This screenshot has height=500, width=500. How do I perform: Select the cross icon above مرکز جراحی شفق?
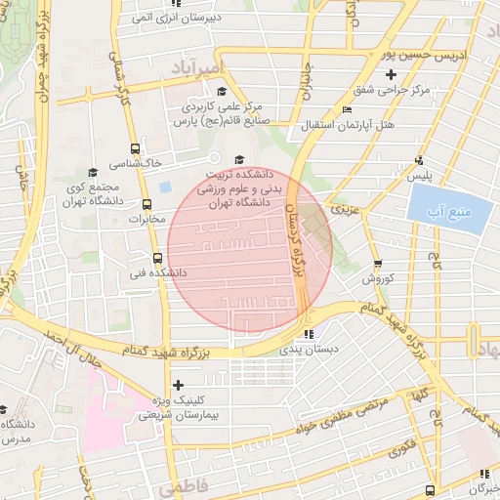coord(392,74)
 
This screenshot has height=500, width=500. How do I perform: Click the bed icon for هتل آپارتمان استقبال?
coord(349,110)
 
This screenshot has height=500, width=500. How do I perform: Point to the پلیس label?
coord(419,176)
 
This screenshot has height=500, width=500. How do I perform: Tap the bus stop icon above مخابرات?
coord(147,205)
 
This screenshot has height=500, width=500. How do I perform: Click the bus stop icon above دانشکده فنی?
coord(157,259)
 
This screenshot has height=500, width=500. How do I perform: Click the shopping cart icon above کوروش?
coord(378,264)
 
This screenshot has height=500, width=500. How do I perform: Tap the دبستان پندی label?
coord(310,349)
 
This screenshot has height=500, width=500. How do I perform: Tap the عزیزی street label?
coord(344,209)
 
